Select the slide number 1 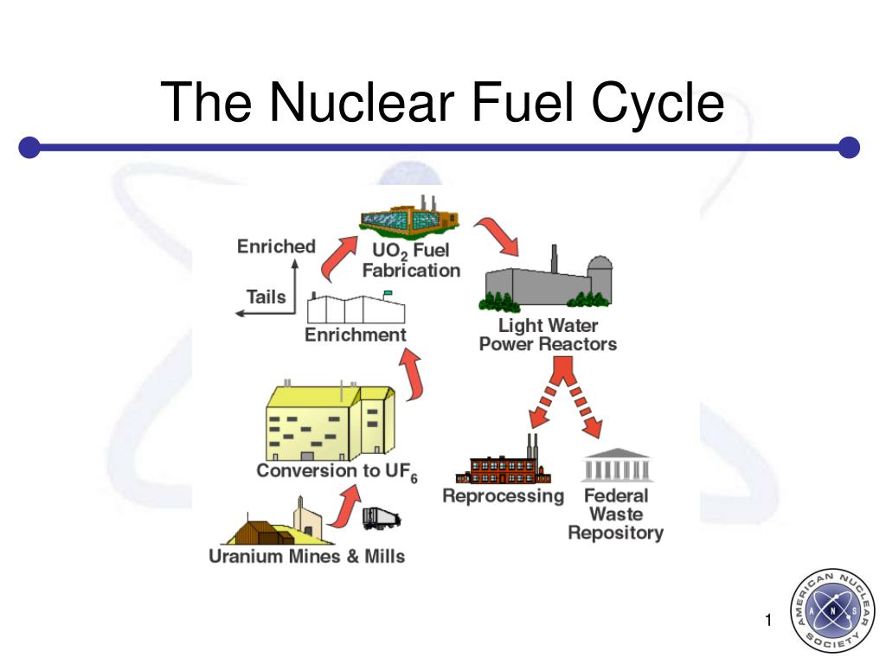767,620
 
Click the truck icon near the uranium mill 381,518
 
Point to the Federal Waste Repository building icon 617,466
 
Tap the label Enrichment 355,335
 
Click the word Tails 266,297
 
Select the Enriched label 276,246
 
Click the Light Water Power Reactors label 548,335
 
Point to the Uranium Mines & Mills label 306,556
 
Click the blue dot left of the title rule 29,148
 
